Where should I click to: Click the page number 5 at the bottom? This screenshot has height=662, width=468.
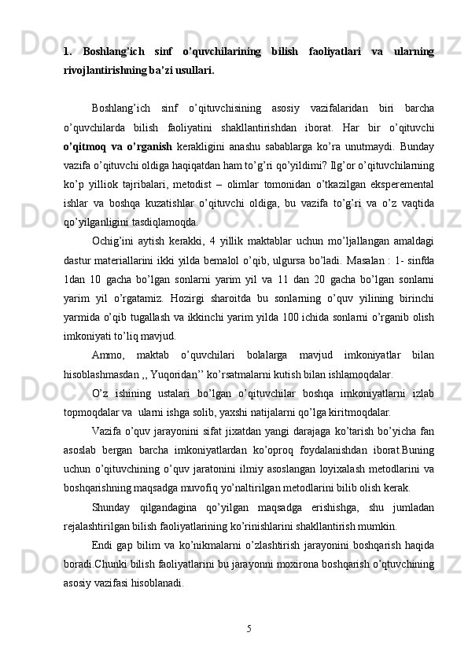[x=249, y=627]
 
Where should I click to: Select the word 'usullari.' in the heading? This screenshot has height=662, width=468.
[x=190, y=70]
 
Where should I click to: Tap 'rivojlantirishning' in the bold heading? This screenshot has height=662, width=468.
[x=101, y=70]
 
